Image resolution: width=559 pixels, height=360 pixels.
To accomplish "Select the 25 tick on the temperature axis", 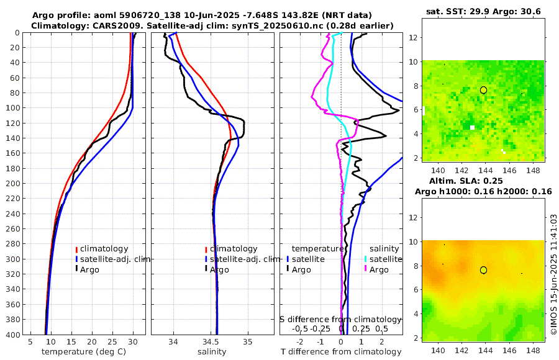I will [112, 341].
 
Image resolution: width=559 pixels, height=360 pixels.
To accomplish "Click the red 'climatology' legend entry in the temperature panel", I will [103, 249].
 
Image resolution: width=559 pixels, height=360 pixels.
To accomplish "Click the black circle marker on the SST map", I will [484, 90].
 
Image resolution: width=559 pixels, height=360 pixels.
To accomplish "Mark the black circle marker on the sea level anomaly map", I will [484, 270].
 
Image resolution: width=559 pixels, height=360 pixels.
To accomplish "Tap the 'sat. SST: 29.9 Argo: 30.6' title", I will [483, 11].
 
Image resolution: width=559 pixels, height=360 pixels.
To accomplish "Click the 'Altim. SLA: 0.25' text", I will [483, 181].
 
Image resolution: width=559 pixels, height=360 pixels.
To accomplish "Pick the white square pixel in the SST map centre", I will [473, 127].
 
